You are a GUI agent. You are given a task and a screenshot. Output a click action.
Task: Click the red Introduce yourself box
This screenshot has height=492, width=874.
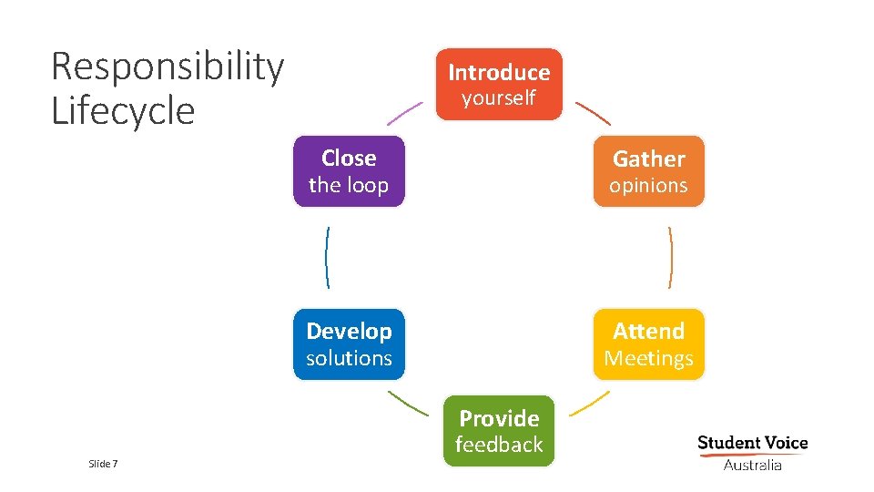[x=499, y=84]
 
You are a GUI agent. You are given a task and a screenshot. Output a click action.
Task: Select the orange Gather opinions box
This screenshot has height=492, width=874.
[x=648, y=171]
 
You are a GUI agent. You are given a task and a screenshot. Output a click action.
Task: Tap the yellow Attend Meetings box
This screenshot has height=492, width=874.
[x=648, y=344]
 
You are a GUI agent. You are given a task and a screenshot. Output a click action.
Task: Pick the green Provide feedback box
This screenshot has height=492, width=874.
[x=499, y=431]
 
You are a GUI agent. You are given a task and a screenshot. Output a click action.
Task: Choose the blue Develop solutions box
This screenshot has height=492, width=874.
[x=349, y=344]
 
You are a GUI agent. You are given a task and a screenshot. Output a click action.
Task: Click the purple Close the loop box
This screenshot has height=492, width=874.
[x=349, y=171]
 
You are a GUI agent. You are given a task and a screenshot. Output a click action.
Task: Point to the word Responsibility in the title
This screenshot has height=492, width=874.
[x=168, y=67]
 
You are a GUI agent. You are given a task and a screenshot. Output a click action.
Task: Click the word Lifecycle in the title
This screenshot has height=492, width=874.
[x=123, y=111]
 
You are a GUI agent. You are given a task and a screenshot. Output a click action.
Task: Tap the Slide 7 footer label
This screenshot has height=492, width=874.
[x=104, y=465]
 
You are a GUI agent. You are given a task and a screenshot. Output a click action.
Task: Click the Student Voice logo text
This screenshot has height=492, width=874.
[x=752, y=444]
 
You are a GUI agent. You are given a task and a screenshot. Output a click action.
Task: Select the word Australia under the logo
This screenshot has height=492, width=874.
[x=752, y=466]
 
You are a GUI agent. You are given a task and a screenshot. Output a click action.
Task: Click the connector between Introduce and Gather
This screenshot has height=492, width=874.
[x=595, y=113]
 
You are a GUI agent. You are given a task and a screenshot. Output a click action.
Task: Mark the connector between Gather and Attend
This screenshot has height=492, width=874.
[x=670, y=258]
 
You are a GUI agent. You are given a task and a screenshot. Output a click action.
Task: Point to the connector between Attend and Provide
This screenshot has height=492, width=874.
[x=595, y=403]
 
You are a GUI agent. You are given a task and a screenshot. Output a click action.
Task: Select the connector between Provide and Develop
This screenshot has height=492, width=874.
[x=407, y=403]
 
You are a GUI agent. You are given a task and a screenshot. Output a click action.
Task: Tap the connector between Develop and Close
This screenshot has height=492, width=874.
[x=327, y=258]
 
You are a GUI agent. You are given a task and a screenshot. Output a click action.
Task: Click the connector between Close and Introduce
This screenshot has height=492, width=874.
[x=405, y=113]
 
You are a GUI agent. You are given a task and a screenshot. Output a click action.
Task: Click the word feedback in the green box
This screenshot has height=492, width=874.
[x=499, y=445]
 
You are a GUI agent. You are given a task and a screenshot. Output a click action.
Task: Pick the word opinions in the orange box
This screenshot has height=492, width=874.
[x=648, y=186]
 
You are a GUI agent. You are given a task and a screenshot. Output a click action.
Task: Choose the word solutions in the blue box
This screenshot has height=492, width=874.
[x=349, y=359]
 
